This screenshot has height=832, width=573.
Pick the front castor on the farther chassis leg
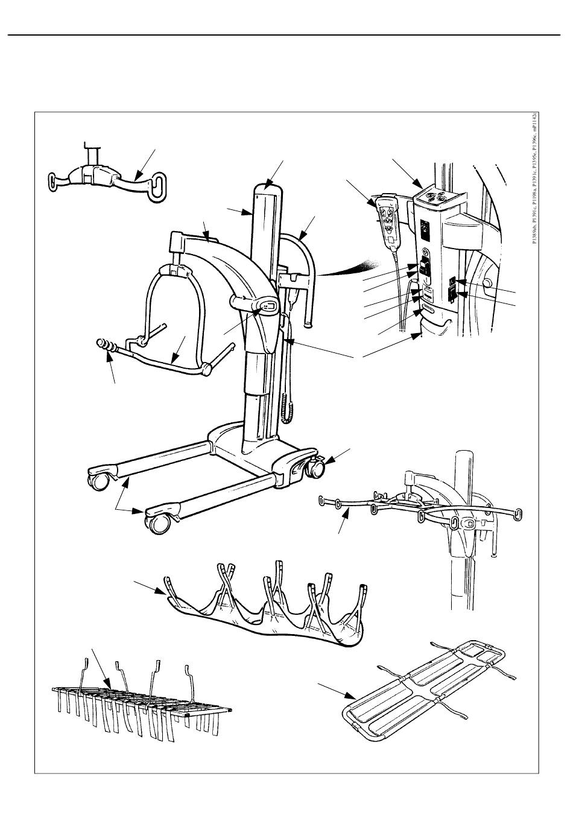coord(97,480)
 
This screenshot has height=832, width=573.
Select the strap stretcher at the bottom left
coord(139,700)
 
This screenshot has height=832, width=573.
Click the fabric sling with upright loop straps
coord(265,615)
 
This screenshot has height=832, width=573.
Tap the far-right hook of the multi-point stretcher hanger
coord(518,513)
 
